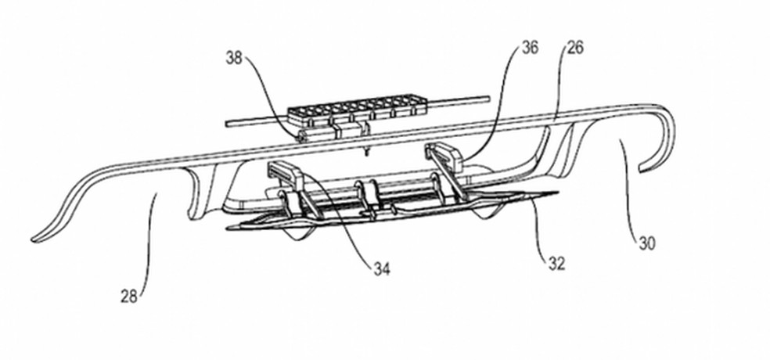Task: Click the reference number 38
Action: pos(234,58)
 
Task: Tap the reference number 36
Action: pos(530,48)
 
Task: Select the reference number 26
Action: pos(575,48)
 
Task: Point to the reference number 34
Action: pos(382,268)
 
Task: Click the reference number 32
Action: pos(556,264)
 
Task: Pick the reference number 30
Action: pos(646,243)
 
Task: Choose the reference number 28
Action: pos(129,296)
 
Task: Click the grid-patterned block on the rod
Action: pos(357,109)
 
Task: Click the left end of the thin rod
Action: pos(226,124)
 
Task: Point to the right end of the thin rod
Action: pos(488,99)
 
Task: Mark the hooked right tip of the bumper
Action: pos(641,169)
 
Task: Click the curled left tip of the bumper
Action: pos(34,239)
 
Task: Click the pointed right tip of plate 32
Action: pos(557,193)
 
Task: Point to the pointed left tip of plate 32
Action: pos(228,228)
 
